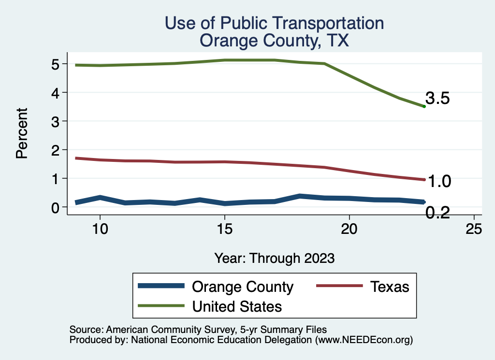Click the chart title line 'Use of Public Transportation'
pos(274,23)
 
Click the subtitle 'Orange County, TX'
pos(274,41)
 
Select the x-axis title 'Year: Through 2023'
pos(274,258)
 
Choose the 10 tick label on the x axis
pos(100,229)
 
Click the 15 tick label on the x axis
pos(224,229)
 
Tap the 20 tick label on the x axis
pos(349,229)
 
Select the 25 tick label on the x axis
pos(474,229)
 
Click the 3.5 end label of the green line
pos(437,99)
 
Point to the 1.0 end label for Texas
pos(439,181)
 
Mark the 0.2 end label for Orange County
pos(437,212)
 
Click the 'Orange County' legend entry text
pos(243,287)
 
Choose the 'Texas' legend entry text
pos(390,287)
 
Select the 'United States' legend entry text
pos(237,306)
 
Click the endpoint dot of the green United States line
pos(424,106)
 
